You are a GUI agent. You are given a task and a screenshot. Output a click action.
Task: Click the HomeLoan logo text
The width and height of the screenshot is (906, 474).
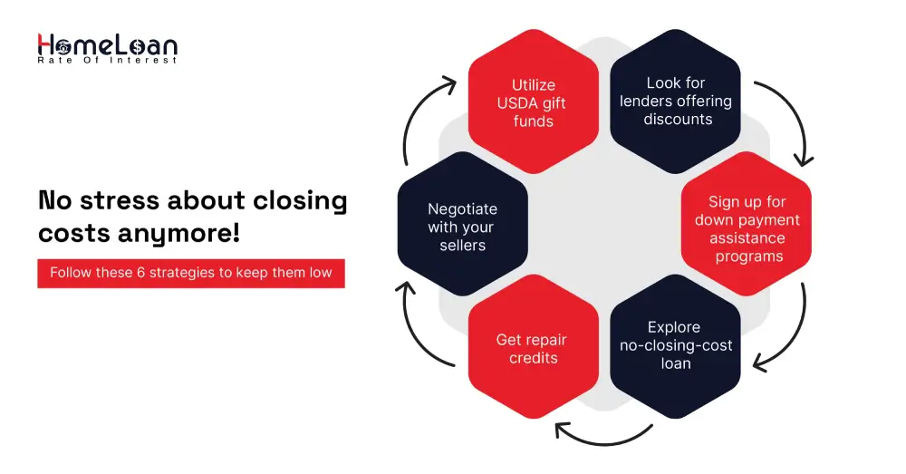coord(107,44)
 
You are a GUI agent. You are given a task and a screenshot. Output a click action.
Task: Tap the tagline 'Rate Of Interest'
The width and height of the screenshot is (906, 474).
coord(107,61)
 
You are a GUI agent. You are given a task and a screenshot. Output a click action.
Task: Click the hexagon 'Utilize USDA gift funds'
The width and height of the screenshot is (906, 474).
coord(533,102)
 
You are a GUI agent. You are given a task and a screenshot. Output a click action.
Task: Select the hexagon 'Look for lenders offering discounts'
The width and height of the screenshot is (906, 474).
coord(676,102)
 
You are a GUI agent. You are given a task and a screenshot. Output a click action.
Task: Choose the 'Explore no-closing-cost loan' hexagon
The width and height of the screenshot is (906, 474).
coord(676,345)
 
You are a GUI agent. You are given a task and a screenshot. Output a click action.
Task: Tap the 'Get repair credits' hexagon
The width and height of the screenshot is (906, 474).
coord(533,349)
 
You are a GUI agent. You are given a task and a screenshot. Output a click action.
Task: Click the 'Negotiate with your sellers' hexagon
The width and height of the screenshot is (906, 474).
coord(462,227)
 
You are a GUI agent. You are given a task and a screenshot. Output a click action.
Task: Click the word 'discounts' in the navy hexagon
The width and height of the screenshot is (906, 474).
coord(678,120)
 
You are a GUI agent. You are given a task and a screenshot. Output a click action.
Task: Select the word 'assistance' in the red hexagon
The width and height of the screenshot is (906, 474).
coord(747,238)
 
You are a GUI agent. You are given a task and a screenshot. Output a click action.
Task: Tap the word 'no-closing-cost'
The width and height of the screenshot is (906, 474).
coord(676,345)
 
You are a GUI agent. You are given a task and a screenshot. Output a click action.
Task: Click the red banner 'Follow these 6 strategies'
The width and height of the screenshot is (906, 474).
coord(191,273)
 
